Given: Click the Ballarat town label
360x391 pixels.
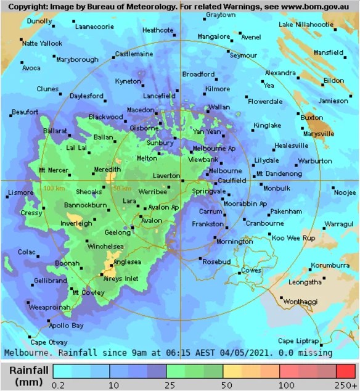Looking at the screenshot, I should [55, 131].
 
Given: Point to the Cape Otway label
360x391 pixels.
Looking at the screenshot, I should [49, 342].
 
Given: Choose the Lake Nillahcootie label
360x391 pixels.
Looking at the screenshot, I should [306, 25].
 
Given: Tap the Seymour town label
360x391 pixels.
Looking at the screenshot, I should [243, 56].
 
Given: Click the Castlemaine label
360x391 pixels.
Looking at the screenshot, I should [134, 54].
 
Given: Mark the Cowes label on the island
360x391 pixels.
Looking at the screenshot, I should [251, 270].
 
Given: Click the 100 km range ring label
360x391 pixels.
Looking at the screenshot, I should [54, 187].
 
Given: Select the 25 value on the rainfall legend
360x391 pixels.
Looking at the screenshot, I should [166, 385].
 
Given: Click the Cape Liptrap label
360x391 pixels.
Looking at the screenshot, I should [298, 341].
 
